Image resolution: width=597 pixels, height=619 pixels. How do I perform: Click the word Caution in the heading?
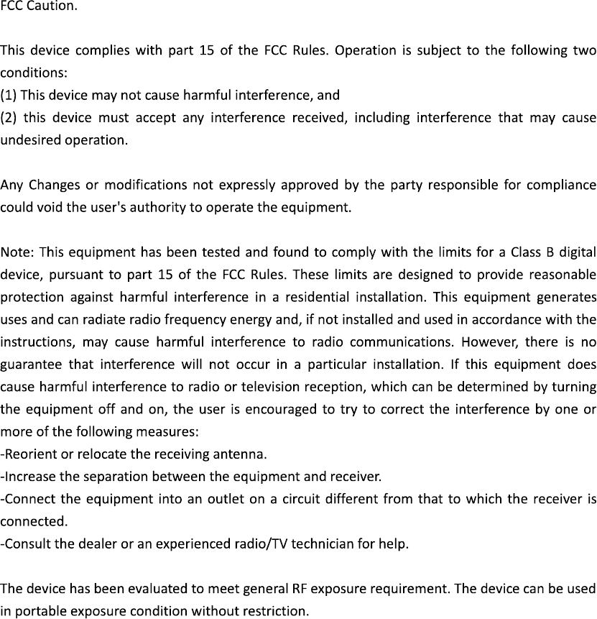click(50, 8)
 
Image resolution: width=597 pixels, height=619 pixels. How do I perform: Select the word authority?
click(149, 208)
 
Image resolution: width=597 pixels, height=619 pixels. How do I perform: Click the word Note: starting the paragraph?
click(18, 252)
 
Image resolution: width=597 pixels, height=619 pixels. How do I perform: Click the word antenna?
click(244, 454)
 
